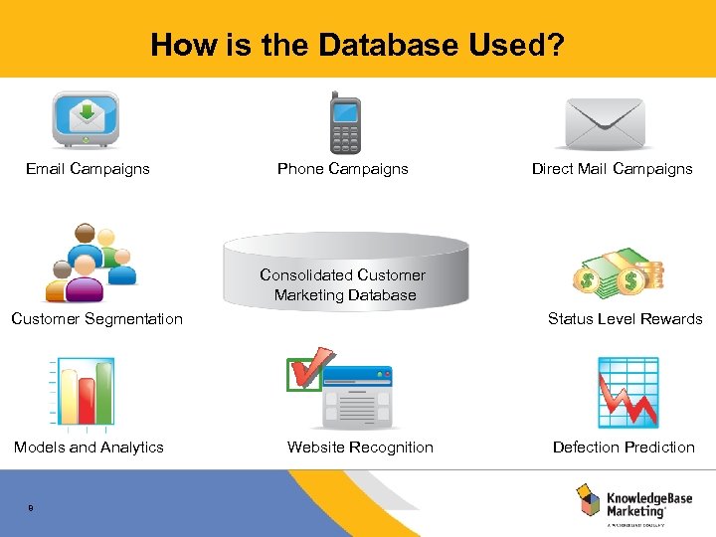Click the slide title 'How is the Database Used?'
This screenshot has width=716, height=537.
point(357,45)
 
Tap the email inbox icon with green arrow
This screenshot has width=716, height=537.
point(86,120)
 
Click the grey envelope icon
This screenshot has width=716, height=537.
point(605,123)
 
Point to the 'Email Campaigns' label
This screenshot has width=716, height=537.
point(88,169)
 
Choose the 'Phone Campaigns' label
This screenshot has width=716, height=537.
point(342,169)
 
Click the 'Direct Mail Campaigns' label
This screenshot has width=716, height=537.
point(612,169)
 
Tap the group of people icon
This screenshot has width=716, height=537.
point(89,263)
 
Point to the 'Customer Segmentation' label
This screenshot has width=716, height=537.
point(96,319)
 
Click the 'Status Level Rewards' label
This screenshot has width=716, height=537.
point(625,319)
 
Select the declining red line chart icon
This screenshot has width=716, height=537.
point(627,393)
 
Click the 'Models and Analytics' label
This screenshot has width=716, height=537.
point(89,447)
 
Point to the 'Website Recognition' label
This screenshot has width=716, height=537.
point(360,447)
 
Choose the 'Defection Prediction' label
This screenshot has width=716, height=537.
point(624,447)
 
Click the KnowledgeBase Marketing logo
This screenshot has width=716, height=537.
point(632,502)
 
